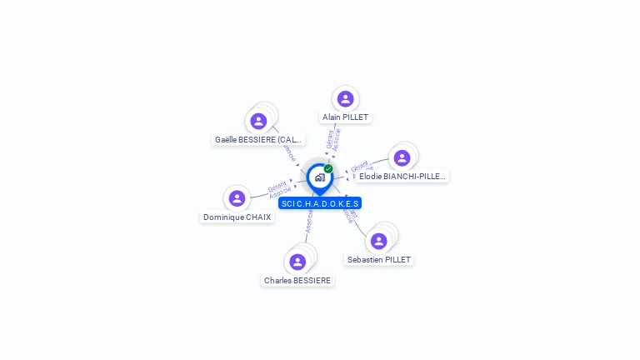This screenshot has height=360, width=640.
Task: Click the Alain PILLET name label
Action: pos(345,117)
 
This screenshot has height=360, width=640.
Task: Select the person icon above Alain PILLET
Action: pos(345,99)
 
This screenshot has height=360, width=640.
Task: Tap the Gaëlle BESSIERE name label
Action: pos(258,140)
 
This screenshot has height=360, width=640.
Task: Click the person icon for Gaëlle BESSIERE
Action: pos(258,122)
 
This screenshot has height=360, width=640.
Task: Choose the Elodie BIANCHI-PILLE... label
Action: pos(402,177)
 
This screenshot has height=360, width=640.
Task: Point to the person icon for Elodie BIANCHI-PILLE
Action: pos(402,158)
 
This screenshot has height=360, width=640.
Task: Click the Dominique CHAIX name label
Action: pos(237,217)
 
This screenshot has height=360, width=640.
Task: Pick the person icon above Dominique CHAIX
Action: pos(237,198)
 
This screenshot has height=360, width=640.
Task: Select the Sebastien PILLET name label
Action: pos(379,260)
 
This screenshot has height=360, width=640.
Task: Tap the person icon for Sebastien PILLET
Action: pos(379,241)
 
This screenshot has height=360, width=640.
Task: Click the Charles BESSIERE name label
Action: pos(297,281)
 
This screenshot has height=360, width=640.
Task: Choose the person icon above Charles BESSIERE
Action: pos(297,262)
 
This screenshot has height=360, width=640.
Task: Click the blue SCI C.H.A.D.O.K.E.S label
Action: pos(320,203)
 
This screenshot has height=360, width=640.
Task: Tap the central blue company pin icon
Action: pos(318,177)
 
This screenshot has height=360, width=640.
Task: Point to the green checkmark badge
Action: pos(328,168)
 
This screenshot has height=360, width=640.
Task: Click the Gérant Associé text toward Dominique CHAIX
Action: pos(278,189)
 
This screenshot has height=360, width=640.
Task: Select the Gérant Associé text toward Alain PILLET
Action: pos(333,141)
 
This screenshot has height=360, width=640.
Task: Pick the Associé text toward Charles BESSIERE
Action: pos(308,221)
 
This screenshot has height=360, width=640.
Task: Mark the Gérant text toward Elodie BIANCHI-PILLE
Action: pos(360,166)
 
